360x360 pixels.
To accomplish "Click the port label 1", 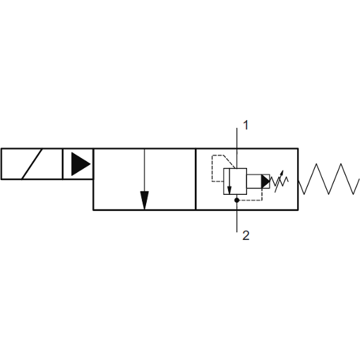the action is pos(246,125).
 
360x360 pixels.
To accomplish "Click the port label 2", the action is pos(246,235).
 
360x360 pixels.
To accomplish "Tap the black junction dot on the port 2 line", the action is pos(237,200).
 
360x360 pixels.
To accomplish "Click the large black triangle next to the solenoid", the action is pos(80,164).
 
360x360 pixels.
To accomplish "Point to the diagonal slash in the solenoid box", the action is pos(32,164).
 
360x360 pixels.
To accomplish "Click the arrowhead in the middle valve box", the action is pos(144,200).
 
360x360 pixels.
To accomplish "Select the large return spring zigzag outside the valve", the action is pos(329,179).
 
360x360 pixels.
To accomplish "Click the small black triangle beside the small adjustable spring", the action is pos(265,181).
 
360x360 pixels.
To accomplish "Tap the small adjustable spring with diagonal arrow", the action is pos(280,181).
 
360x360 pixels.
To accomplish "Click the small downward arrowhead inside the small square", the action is pos(229,190).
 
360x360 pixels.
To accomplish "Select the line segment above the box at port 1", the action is pos(237,138).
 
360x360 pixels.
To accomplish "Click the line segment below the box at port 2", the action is pos(237,221).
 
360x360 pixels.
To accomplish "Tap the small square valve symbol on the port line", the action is pos(235,181).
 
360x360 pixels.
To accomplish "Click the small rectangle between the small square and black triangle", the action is pos(254,181).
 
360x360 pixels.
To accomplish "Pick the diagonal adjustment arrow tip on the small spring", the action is pos(283,171).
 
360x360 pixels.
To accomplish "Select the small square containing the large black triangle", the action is pos(78,164).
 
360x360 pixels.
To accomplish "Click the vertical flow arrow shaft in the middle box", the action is pos(144,170).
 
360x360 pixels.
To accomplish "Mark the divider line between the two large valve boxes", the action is pos(196,179).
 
